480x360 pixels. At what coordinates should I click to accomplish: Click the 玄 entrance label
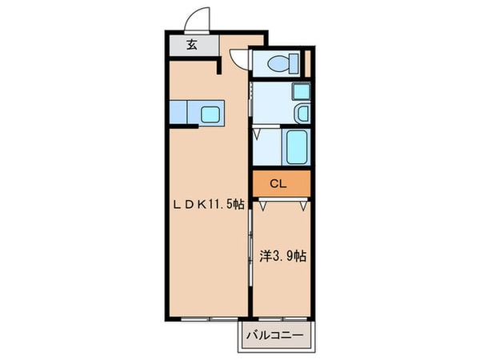[192, 44]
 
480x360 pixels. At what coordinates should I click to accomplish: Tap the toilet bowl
[278, 61]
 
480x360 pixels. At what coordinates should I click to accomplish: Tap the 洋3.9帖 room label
[282, 256]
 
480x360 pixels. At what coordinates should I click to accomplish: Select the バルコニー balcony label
[273, 336]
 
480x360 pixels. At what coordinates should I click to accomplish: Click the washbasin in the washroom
[302, 114]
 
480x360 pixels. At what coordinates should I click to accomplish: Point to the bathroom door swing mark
[258, 135]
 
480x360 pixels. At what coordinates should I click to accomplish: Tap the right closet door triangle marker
[303, 206]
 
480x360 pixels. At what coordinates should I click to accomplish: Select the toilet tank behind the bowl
[294, 61]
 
